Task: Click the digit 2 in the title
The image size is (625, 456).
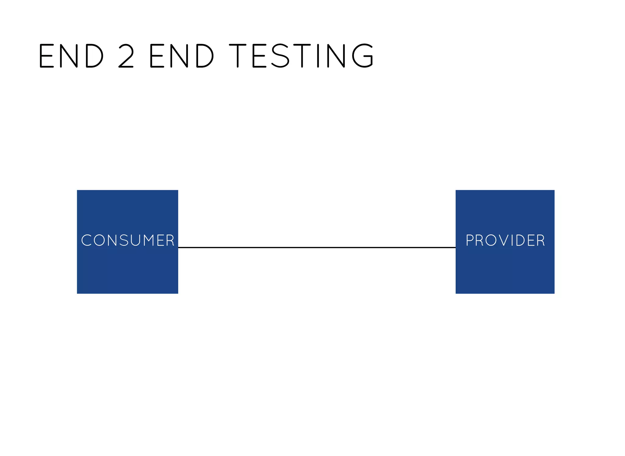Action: (126, 56)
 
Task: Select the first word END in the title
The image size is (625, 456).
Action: (71, 56)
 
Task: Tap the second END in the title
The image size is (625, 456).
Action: (181, 56)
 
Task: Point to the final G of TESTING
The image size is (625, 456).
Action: (363, 56)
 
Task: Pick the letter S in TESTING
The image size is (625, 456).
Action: (280, 56)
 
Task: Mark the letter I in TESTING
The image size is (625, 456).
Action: (318, 56)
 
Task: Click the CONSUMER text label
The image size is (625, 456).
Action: (128, 240)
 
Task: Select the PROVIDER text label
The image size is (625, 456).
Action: (505, 240)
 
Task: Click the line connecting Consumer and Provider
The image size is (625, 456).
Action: (317, 248)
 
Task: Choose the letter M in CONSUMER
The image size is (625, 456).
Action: (150, 240)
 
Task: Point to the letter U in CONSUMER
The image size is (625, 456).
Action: (135, 240)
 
